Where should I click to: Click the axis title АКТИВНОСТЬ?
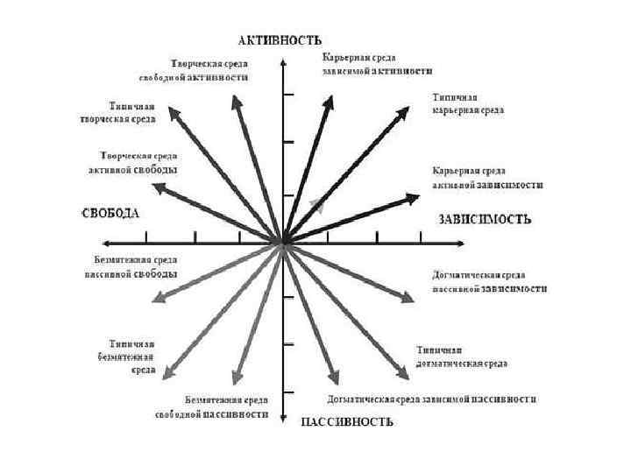coord(280,39)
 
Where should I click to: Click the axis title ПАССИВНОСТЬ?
coord(347,422)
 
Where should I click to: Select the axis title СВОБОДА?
coord(110,213)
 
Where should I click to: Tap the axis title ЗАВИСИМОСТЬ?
coord(484,219)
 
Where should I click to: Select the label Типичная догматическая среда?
coord(462,357)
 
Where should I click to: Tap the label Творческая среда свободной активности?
coord(209,70)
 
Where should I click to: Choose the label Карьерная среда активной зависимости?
coord(487,178)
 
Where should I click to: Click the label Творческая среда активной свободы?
coord(140,162)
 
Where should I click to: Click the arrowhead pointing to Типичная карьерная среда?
coord(405,111)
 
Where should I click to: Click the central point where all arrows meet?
coord(282,240)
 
